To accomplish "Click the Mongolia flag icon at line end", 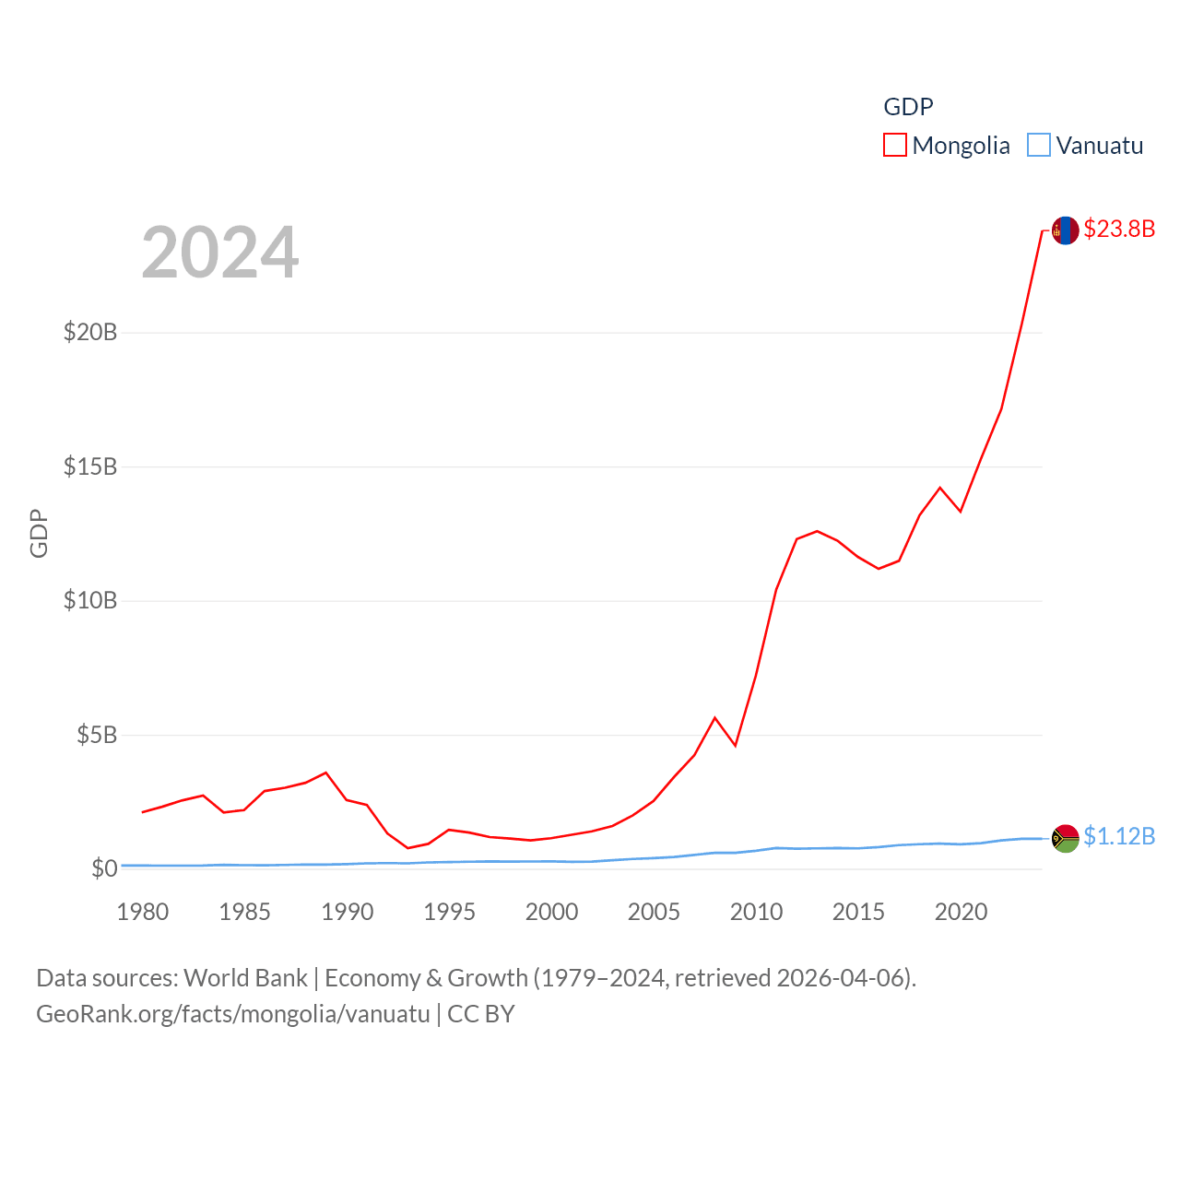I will [x=1065, y=230].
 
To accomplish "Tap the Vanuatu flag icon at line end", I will [x=1065, y=838].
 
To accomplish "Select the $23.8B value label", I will [x=1119, y=229].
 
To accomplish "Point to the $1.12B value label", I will [x=1119, y=836].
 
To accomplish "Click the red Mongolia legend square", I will [x=895, y=146].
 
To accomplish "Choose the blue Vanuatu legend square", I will [x=1039, y=146].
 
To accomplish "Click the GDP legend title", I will [x=908, y=107].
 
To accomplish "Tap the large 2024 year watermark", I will [x=220, y=253].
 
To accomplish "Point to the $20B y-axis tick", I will [x=90, y=332].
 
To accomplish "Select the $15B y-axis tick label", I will [x=90, y=466].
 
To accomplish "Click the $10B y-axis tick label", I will [x=90, y=601].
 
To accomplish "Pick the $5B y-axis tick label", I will [x=97, y=735].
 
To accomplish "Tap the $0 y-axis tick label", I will [x=104, y=868].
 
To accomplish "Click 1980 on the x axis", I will [x=143, y=912].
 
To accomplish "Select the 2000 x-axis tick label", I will [x=551, y=912].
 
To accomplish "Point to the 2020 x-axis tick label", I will [x=961, y=912].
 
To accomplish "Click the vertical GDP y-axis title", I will [x=39, y=533].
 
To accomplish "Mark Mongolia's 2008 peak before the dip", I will [x=714, y=717].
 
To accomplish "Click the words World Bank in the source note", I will [x=245, y=978].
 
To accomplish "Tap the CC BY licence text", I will [x=480, y=1014].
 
